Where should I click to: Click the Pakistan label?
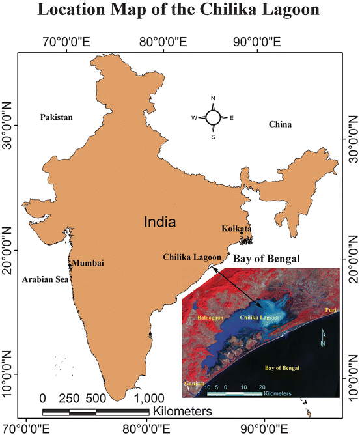pyautogui.click(x=56, y=117)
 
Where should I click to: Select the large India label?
pyautogui.click(x=159, y=222)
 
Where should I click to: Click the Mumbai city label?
pyautogui.click(x=87, y=263)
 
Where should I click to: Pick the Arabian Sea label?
pyautogui.click(x=44, y=279)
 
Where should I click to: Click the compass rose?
pyautogui.click(x=213, y=117)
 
